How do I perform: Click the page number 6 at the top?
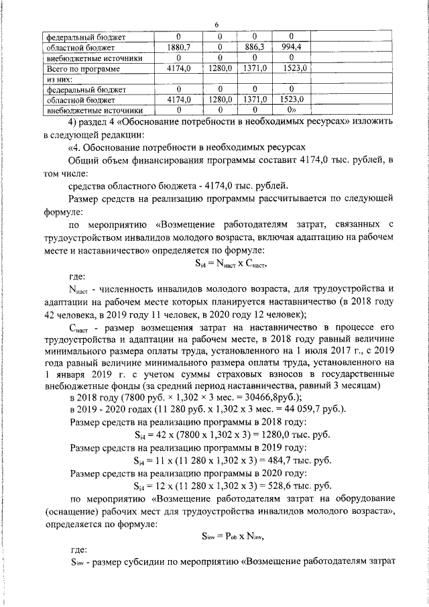click(217, 25)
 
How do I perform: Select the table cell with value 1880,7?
click(179, 48)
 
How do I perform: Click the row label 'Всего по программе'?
click(84, 68)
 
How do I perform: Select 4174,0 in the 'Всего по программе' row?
click(179, 68)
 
